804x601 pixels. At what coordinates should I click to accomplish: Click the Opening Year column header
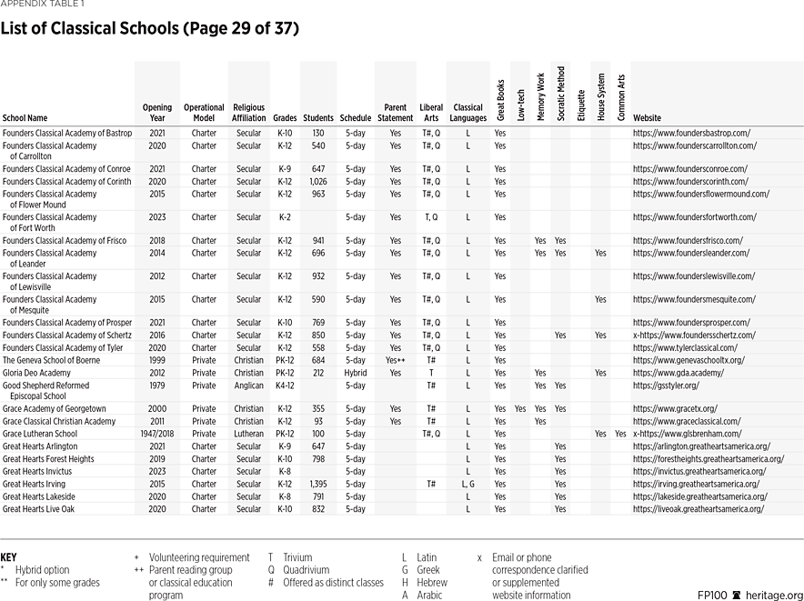tap(156, 113)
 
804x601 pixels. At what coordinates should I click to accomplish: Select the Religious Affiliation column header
tap(248, 113)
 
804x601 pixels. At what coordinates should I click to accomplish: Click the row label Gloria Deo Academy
tap(36, 373)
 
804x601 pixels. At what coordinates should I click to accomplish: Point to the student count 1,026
tap(318, 181)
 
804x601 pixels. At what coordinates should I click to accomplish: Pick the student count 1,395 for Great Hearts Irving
tap(318, 485)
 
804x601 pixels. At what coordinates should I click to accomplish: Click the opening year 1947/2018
tap(156, 434)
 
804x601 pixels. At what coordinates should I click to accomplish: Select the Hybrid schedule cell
tap(356, 373)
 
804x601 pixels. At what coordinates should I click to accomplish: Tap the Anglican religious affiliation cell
tap(248, 386)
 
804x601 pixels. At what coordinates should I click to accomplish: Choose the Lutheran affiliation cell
tap(248, 434)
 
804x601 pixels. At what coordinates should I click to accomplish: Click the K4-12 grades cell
tap(286, 386)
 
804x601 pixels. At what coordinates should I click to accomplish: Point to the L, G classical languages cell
tap(467, 485)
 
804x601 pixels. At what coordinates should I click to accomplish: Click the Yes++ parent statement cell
tap(395, 360)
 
